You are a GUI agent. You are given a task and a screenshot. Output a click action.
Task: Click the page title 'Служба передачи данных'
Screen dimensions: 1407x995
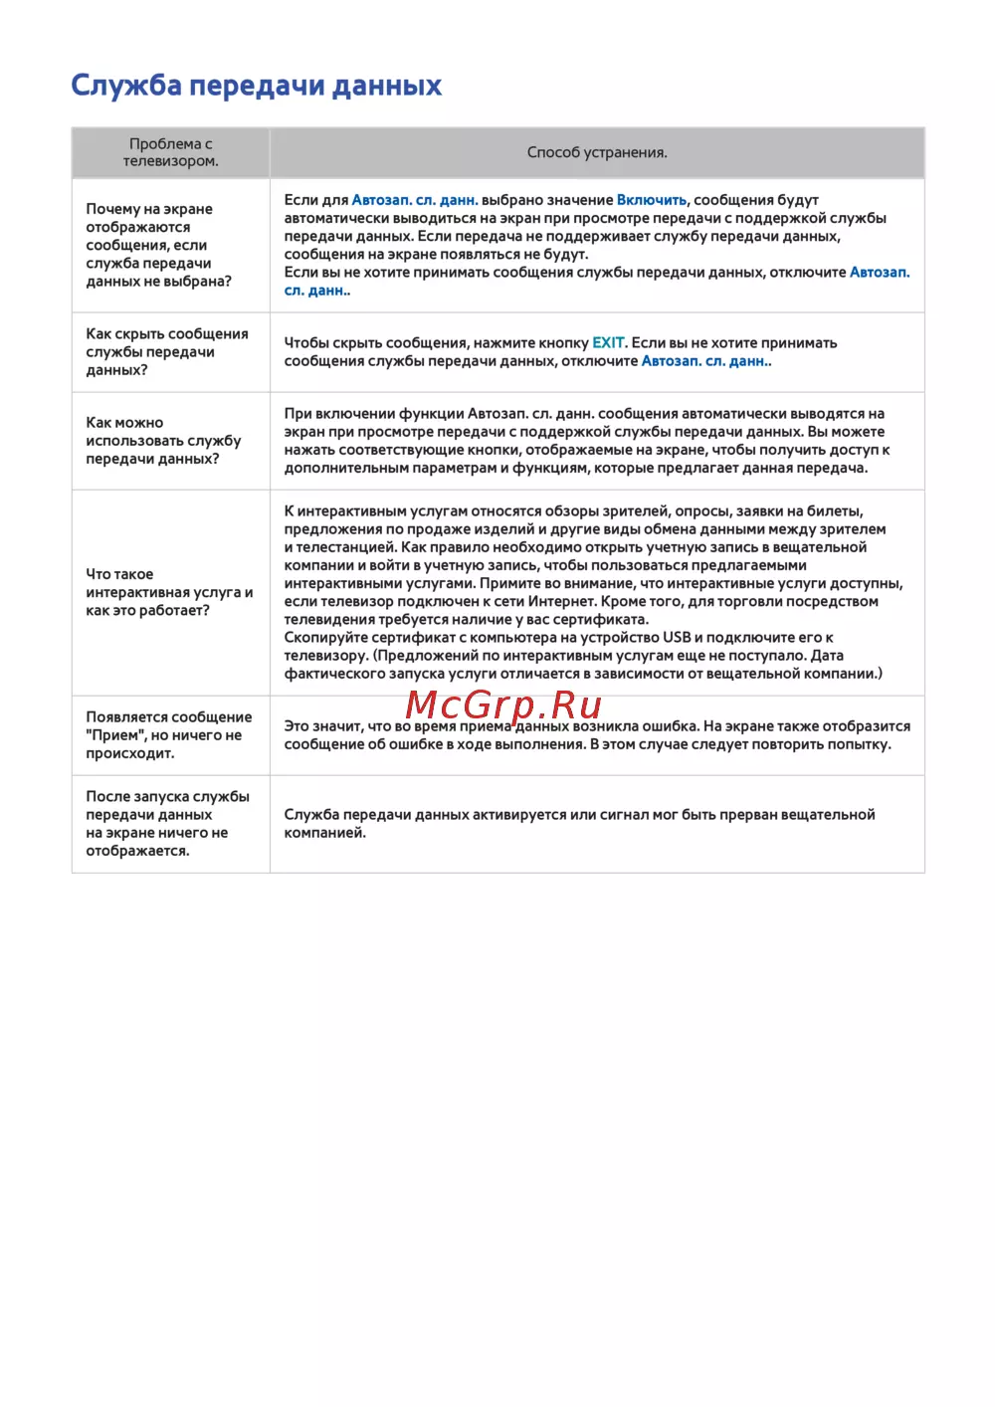pos(256,86)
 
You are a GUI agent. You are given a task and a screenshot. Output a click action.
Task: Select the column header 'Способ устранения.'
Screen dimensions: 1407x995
pos(597,152)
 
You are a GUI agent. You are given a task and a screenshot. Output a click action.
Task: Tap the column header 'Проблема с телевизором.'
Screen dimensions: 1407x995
pos(170,152)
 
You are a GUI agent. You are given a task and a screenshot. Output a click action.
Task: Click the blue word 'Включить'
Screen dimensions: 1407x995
pos(652,200)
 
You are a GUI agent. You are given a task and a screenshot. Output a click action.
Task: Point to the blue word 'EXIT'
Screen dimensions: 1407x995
pos(608,343)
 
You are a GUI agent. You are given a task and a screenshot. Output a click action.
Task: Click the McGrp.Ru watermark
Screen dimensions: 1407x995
pos(503,704)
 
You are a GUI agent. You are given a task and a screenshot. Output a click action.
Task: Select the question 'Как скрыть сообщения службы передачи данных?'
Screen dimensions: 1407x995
pos(166,352)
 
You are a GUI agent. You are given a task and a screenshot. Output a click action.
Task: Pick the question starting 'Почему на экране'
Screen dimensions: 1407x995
pos(158,245)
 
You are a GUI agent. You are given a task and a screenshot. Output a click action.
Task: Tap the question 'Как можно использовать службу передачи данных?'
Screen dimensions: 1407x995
pos(163,441)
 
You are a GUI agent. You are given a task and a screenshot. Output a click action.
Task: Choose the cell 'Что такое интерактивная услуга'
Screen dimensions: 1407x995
pos(168,592)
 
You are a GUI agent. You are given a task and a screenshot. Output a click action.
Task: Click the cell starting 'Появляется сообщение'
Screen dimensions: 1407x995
pos(168,735)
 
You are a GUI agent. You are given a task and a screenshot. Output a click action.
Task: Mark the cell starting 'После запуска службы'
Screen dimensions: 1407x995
pos(167,824)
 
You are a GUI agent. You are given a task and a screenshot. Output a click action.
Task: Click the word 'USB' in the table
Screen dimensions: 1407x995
pos(677,638)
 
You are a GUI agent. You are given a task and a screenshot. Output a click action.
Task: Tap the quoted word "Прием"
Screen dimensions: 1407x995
pos(115,735)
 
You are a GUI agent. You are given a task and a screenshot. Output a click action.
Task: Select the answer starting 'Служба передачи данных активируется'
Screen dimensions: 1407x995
pos(579,824)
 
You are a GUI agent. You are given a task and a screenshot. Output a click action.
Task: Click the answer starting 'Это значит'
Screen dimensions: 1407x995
pos(596,735)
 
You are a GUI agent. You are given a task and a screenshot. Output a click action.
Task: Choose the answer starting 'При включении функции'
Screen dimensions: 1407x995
pos(586,441)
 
